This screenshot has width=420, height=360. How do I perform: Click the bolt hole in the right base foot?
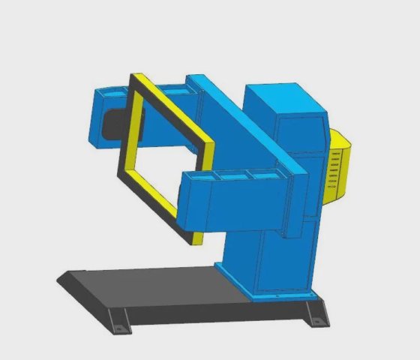click(x=316, y=322)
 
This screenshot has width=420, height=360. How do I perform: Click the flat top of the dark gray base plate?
click(x=150, y=289)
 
